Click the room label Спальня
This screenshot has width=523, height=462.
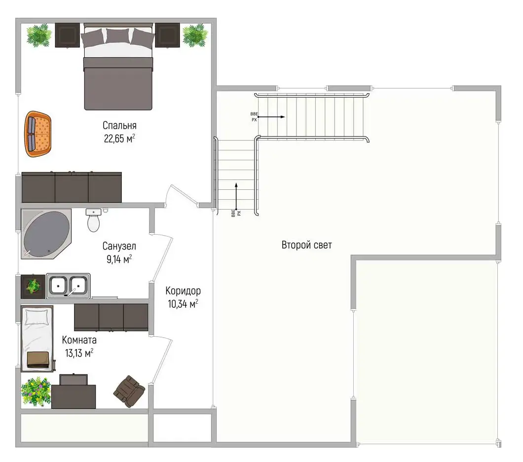coord(119,126)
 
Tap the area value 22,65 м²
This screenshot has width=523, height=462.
coord(119,139)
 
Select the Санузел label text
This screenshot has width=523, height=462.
coord(119,247)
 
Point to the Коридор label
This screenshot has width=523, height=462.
coord(183,291)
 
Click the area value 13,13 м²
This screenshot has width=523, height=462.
coord(79,353)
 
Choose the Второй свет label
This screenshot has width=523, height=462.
coord(306,245)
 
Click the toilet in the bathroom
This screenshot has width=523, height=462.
coord(93,220)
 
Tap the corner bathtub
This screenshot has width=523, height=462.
coord(46,234)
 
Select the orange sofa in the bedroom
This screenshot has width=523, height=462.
coord(37,134)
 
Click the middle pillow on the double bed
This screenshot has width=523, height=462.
coord(118,36)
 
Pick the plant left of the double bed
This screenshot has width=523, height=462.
coord(39,36)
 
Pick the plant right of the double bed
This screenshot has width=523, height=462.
coord(195,36)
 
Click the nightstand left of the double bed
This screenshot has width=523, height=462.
coord(68,36)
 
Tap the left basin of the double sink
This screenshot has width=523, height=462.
coord(58,285)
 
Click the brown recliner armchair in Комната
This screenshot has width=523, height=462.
coord(129,391)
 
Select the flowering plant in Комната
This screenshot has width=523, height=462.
coord(36,391)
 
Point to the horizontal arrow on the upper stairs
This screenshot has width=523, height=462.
coord(271,117)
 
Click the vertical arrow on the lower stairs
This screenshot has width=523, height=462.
coord(236,197)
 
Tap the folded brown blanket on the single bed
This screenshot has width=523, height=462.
coord(38,360)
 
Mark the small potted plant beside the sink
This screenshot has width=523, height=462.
coord(33,286)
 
